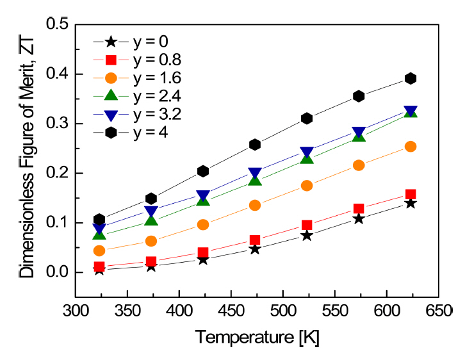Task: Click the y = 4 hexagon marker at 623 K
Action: tap(411, 79)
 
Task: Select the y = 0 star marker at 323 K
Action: tap(99, 270)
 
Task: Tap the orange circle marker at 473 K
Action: tap(255, 206)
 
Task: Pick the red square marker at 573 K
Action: tap(359, 209)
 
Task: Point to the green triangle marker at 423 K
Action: tap(203, 200)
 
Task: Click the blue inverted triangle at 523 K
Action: tap(307, 153)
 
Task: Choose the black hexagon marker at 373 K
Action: tap(151, 199)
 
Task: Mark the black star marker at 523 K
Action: tap(307, 235)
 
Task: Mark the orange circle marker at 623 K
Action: tap(411, 147)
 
